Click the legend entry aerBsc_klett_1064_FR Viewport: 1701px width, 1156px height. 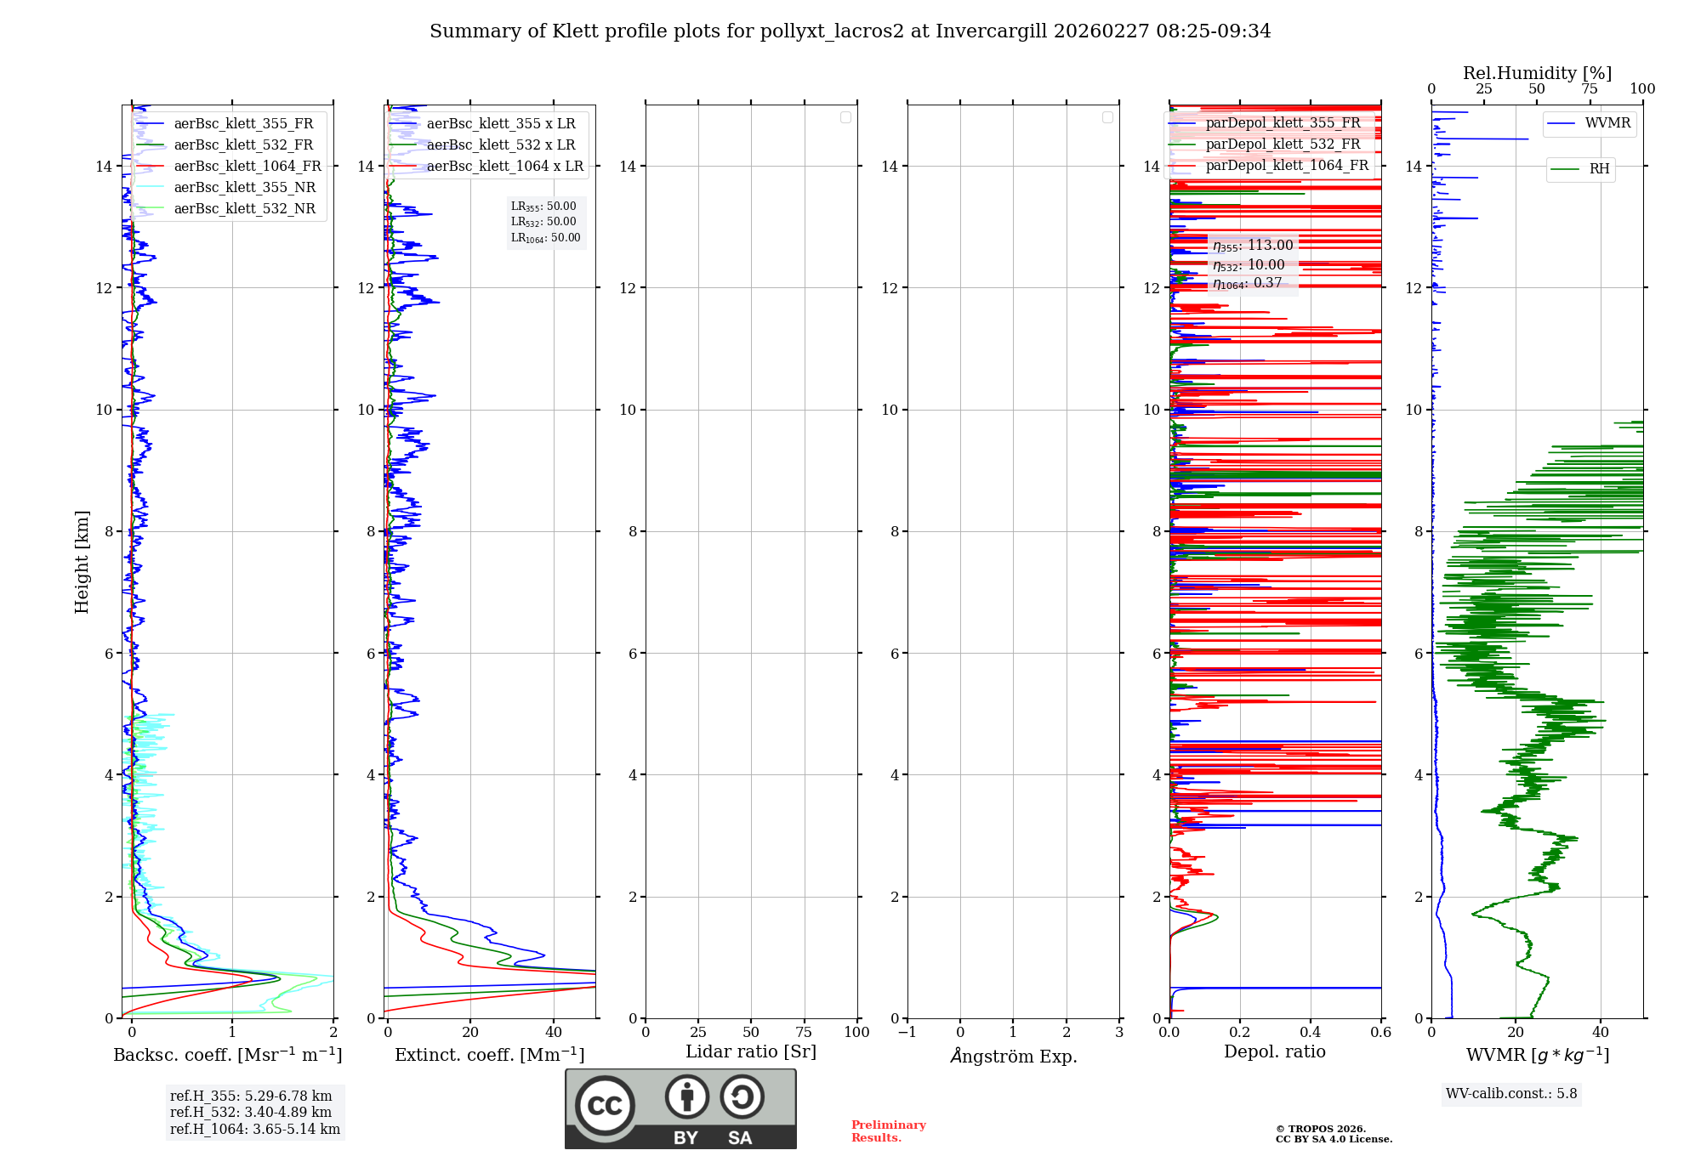(247, 167)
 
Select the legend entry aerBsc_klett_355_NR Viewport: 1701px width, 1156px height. (244, 188)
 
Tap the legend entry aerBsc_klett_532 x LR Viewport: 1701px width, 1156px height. (500, 145)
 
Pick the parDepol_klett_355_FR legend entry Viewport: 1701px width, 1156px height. (1283, 123)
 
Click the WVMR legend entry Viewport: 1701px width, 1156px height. (1607, 123)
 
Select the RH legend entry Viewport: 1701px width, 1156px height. (1599, 169)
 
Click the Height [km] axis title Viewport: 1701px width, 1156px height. (82, 561)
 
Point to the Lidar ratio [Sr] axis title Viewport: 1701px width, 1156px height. (751, 1052)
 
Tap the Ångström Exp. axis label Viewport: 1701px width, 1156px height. (1013, 1056)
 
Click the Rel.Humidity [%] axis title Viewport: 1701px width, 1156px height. (1537, 73)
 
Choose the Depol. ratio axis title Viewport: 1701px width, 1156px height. (1274, 1052)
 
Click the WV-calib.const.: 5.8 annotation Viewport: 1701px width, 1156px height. (1511, 1094)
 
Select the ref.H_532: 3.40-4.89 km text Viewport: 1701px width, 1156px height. (251, 1112)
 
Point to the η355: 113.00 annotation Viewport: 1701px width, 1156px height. (1253, 246)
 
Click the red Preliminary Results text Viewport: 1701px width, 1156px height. (888, 1131)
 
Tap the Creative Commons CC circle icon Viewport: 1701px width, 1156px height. (605, 1105)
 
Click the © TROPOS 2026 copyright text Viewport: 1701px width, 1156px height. (1320, 1129)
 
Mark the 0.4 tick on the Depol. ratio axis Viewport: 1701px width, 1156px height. (1311, 1033)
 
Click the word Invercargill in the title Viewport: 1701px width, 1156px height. (991, 31)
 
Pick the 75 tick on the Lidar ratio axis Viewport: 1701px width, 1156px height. (804, 1033)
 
